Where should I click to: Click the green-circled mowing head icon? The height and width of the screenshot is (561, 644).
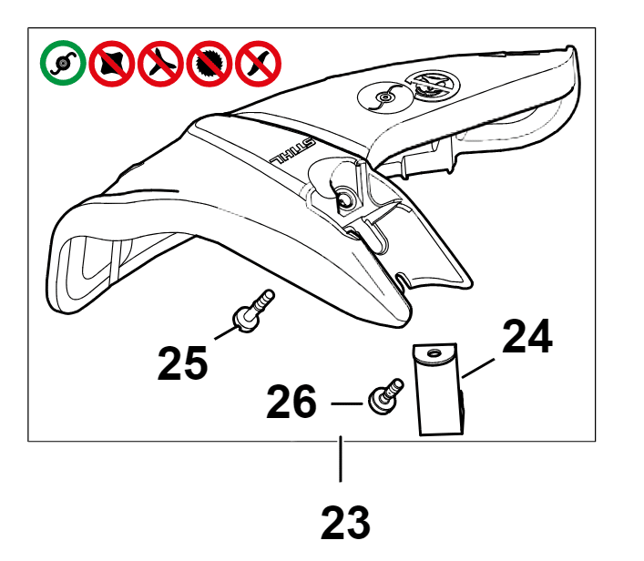tap(63, 63)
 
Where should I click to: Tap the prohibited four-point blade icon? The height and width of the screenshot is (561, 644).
tap(112, 63)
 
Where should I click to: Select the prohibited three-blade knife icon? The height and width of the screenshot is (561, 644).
tap(160, 63)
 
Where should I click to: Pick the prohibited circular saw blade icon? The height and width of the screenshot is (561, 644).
tap(210, 63)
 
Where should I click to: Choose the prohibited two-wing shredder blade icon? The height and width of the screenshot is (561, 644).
tap(258, 63)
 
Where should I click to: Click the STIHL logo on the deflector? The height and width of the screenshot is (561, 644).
tap(292, 152)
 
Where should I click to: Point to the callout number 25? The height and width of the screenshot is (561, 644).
tap(183, 363)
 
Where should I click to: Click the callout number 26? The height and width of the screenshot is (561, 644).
tap(291, 402)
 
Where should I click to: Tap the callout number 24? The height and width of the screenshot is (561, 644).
tap(527, 336)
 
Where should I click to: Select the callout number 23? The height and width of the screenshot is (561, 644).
tap(345, 523)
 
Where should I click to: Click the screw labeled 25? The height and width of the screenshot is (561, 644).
tap(252, 311)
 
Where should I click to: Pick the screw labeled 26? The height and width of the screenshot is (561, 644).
tap(385, 397)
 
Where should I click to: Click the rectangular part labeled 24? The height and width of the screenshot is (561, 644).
tap(439, 390)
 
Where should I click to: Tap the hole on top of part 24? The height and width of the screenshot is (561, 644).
tap(433, 353)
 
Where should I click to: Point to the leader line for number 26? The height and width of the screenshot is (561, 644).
tap(346, 403)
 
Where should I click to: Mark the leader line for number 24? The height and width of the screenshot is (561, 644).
tap(478, 368)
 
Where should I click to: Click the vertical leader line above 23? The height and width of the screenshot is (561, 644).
tap(341, 459)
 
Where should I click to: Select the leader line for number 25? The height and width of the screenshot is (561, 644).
tap(226, 332)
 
